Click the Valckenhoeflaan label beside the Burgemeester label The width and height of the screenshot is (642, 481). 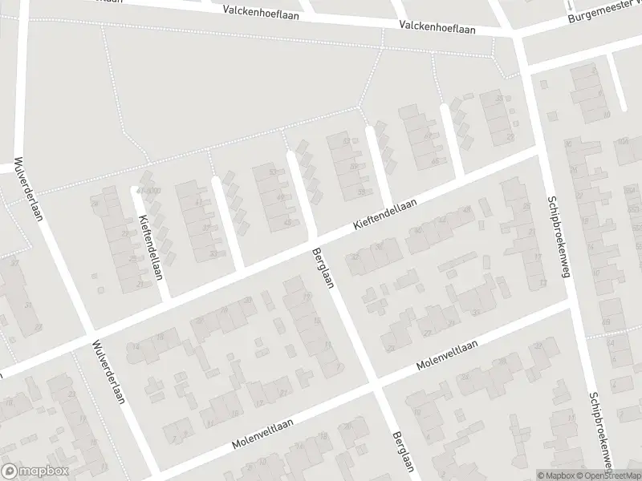click(439, 27)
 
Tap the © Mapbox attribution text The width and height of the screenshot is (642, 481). click(559, 475)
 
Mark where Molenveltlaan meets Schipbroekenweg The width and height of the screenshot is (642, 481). click(573, 302)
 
